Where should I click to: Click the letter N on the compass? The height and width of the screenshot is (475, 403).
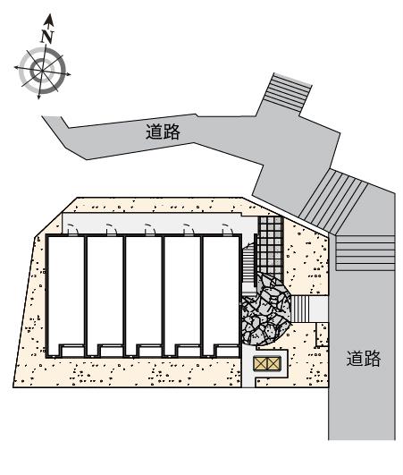(47, 37)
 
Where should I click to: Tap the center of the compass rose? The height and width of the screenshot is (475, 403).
(41, 71)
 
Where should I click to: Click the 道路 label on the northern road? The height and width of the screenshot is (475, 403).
(163, 131)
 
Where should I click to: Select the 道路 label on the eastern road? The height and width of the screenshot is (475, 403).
(364, 359)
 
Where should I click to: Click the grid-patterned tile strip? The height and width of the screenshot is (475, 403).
(271, 248)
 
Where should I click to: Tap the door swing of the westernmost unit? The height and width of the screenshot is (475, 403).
(72, 229)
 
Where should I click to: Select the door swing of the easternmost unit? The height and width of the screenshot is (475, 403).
(228, 229)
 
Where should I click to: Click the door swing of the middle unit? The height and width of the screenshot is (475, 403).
(150, 229)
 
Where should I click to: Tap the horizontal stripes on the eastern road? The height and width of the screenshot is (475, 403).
(365, 252)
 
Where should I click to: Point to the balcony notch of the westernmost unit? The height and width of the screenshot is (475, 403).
(72, 351)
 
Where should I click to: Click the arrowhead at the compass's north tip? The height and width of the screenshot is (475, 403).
(49, 21)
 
